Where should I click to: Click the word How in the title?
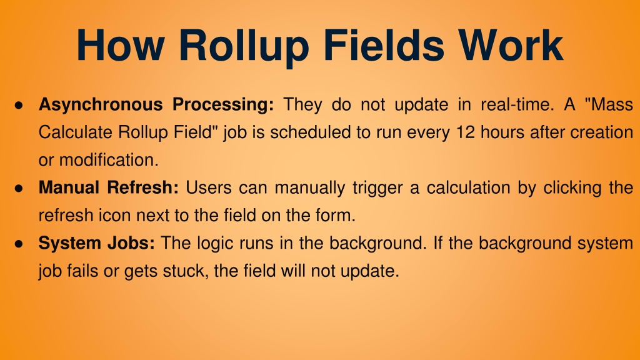coord(120,45)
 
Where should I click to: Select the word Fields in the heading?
coord(384,45)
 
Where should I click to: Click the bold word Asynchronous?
coord(101,105)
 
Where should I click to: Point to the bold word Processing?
coord(223,105)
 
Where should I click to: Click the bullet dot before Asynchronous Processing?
coord(18,105)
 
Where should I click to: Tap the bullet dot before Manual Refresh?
coord(18,189)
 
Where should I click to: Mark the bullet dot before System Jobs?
coord(18,244)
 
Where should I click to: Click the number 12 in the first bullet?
coord(465,132)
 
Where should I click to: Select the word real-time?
coord(517,104)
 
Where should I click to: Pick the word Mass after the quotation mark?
coord(612,104)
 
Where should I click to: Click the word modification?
coord(109,160)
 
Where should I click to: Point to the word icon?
coord(114,216)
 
